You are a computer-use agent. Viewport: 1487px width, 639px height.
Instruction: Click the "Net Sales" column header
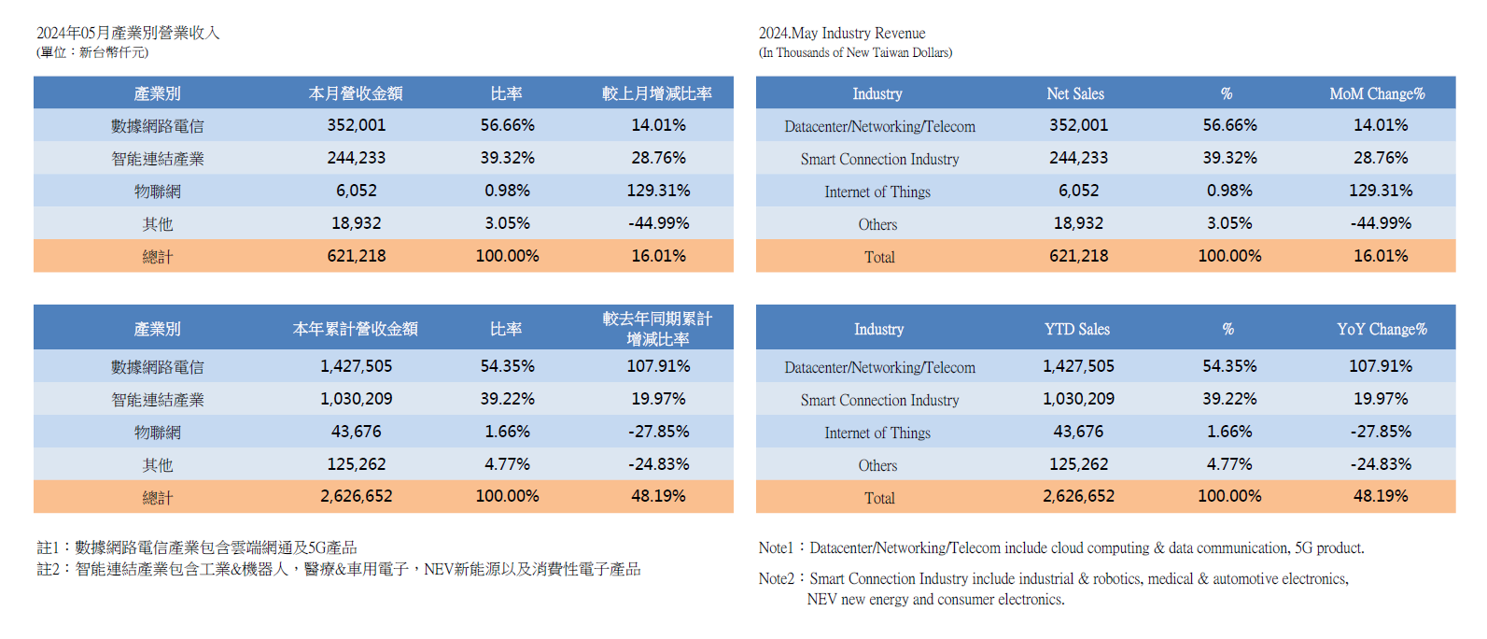[1075, 93]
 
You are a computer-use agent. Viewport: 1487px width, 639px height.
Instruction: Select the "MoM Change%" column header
[1377, 93]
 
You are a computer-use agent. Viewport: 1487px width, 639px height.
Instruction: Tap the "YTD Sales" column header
[1077, 329]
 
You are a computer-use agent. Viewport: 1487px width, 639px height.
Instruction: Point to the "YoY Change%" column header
[1382, 329]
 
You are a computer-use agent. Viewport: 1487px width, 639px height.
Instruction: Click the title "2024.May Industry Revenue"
[842, 33]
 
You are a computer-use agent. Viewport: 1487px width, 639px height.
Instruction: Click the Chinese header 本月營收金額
[356, 93]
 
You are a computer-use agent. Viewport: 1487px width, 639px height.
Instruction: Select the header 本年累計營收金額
[355, 329]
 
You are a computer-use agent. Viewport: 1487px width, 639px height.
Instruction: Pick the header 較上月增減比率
[657, 93]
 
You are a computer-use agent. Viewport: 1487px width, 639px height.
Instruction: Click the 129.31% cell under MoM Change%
[1381, 191]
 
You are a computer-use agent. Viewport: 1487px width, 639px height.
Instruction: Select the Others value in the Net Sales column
[1078, 223]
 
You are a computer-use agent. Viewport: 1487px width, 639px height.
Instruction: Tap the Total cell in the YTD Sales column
[1078, 496]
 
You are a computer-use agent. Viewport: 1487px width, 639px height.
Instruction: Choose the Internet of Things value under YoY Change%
[1381, 432]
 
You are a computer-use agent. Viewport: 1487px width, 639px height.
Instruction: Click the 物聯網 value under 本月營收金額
[357, 191]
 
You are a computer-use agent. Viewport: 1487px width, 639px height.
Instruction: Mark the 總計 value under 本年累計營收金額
[357, 496]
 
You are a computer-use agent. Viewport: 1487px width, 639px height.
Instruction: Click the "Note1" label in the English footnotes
[776, 548]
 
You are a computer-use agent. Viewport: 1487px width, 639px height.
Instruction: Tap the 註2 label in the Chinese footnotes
[48, 569]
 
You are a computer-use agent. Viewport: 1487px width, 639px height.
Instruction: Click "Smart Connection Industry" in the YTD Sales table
[879, 400]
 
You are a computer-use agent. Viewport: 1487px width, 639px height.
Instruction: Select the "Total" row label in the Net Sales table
[879, 257]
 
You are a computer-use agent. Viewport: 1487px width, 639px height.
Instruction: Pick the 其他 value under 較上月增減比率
[658, 223]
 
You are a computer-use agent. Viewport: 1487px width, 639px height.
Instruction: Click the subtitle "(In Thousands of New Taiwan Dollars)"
[855, 53]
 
